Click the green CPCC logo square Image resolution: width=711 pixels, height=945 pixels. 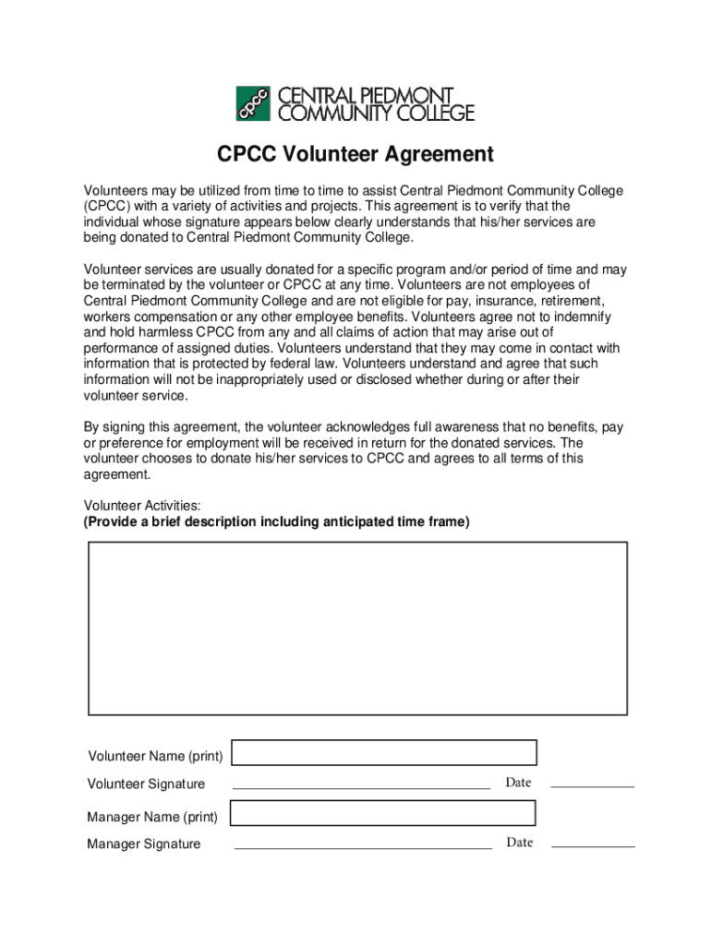click(253, 103)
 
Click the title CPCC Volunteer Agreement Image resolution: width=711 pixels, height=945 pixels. click(355, 154)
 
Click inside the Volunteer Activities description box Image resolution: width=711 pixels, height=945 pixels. click(357, 628)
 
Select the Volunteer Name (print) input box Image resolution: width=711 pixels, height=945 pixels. click(384, 753)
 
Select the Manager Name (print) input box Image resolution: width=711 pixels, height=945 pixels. click(382, 813)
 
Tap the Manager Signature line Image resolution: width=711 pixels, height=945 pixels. click(363, 846)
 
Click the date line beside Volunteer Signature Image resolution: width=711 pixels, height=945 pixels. click(592, 786)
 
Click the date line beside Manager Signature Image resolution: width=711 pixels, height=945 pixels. click(593, 845)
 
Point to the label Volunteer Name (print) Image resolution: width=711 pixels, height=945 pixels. click(155, 757)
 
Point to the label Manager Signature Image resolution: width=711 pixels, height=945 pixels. click(143, 843)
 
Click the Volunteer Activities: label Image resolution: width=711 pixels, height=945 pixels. click(142, 506)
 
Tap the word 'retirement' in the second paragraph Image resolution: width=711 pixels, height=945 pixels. click(568, 301)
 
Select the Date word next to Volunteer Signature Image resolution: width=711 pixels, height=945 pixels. click(518, 783)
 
